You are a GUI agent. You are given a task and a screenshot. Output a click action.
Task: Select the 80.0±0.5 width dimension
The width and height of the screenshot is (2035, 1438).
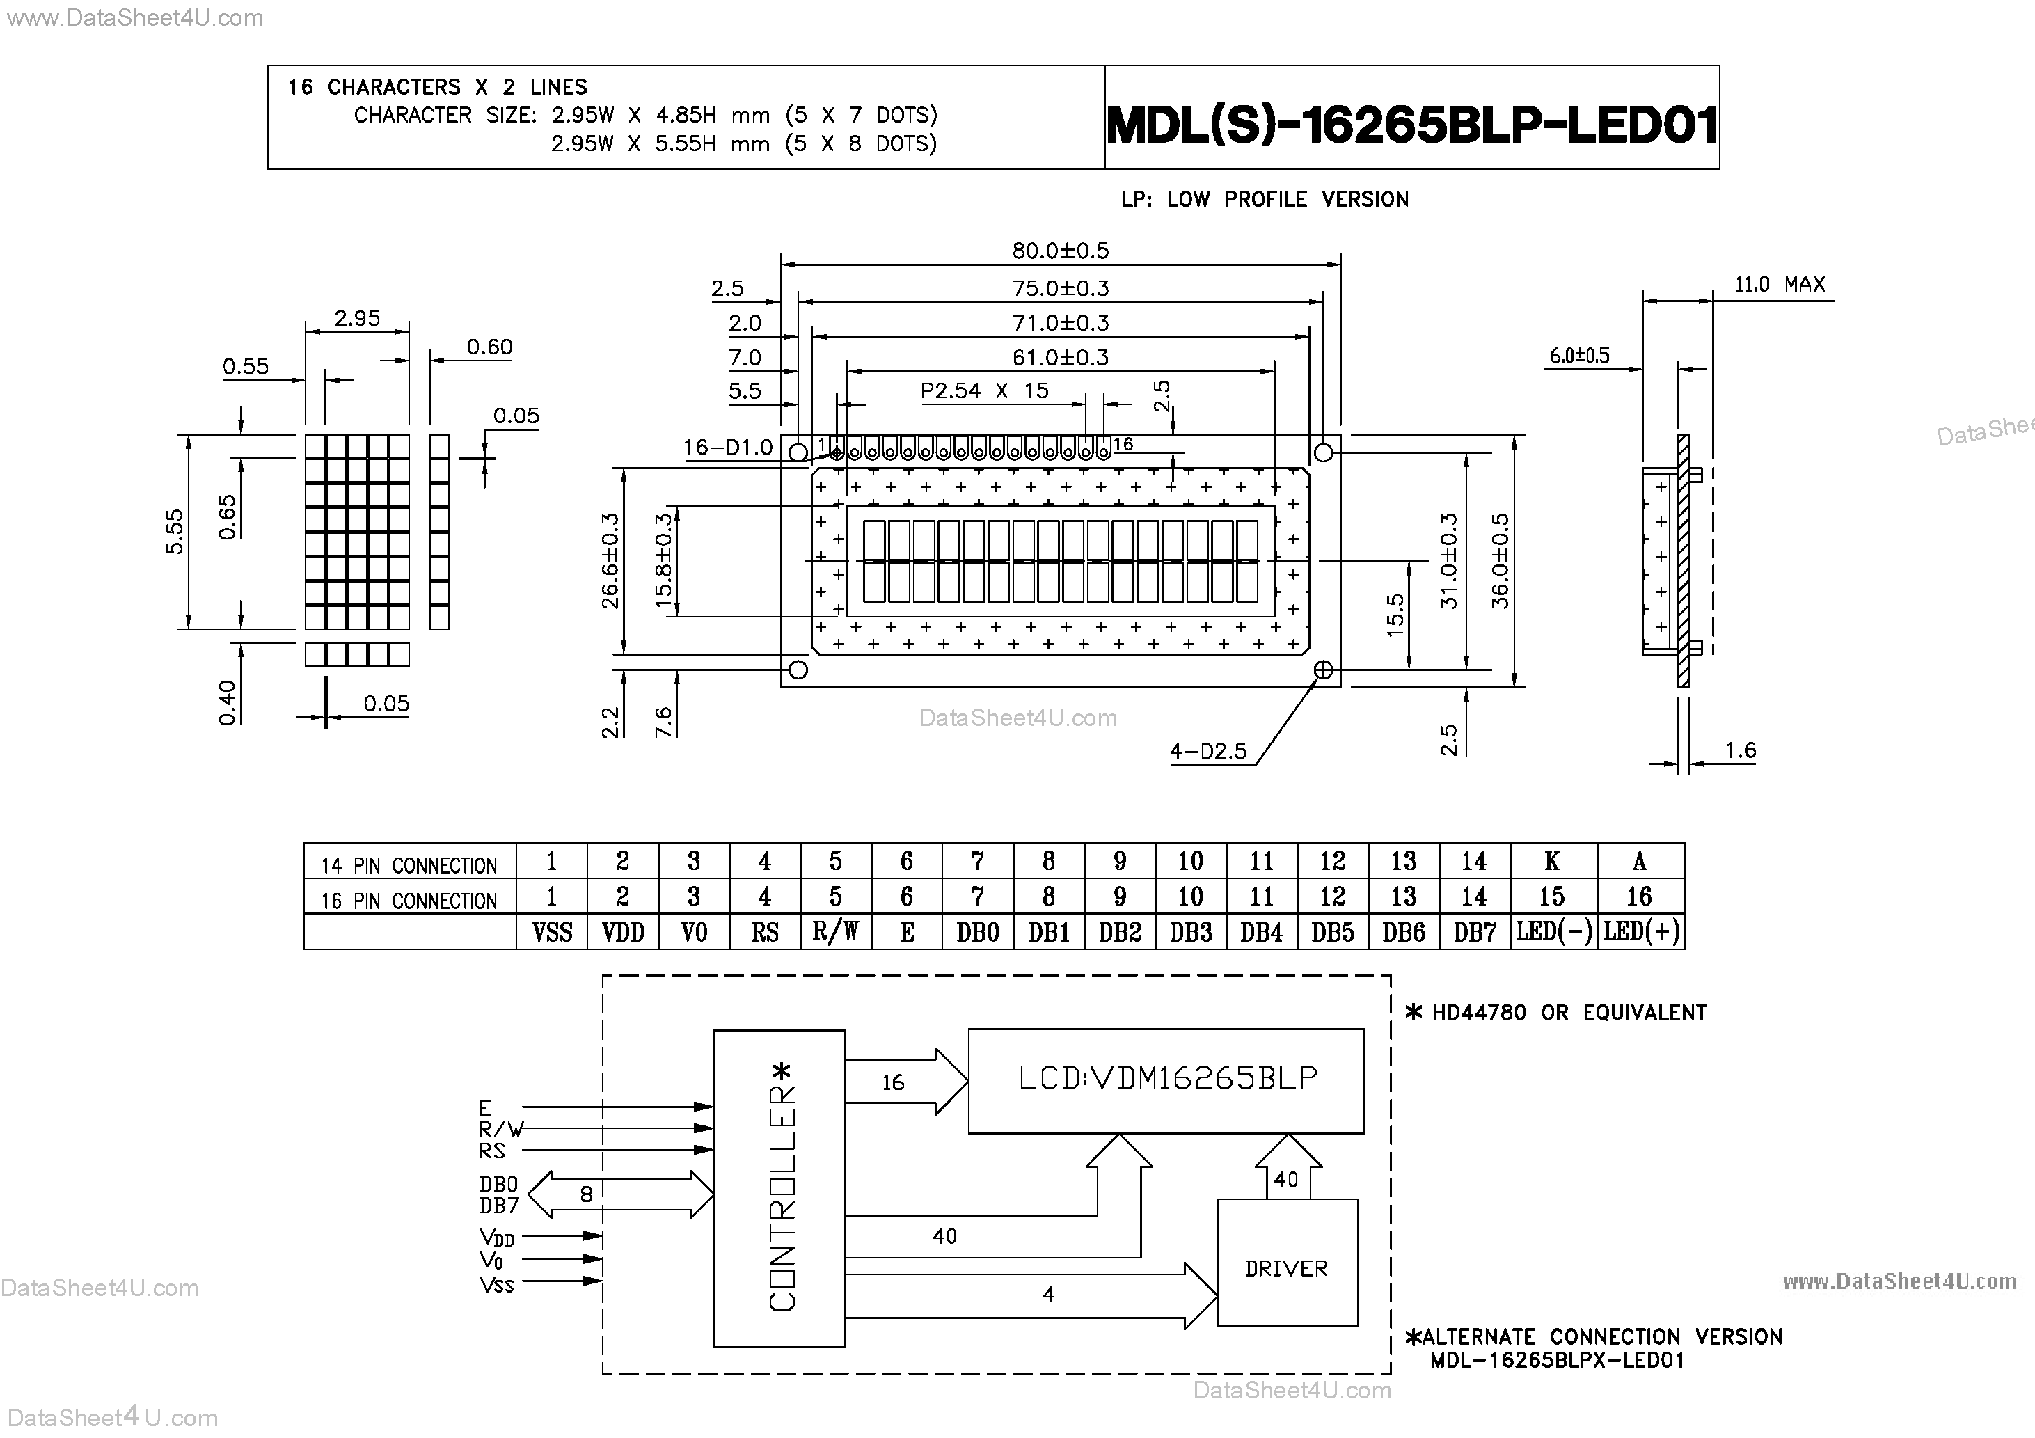pos(1060,251)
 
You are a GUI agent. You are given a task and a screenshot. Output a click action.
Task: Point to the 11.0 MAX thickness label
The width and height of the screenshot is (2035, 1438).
pos(1779,285)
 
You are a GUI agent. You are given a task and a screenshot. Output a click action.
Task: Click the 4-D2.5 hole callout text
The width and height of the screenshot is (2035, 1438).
pos(1207,752)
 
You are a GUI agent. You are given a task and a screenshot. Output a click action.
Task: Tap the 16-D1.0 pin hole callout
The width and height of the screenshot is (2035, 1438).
pos(728,448)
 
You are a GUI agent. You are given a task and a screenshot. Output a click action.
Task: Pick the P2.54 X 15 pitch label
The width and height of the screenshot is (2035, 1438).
pos(984,391)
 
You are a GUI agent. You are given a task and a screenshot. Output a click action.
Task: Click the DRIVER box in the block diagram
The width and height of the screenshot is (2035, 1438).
pos(1286,1269)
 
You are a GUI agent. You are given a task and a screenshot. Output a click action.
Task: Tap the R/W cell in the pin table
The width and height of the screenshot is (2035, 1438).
pos(835,932)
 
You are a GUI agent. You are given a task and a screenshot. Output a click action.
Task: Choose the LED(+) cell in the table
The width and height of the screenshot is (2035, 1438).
pos(1640,932)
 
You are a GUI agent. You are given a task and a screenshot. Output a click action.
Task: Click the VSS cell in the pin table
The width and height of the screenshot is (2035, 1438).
pos(551,932)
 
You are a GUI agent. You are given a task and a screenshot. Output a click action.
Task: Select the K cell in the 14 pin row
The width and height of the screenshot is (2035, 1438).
pos(1552,861)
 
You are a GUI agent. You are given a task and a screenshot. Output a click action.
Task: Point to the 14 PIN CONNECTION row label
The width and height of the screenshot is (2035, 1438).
pos(409,865)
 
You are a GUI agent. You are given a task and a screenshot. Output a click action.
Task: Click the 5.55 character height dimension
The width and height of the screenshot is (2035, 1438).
pos(175,531)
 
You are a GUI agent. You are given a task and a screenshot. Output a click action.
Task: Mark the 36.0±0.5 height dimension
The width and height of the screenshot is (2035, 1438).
pos(1500,560)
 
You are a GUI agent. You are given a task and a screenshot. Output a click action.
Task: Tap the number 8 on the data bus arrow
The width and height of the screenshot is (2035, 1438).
pos(586,1194)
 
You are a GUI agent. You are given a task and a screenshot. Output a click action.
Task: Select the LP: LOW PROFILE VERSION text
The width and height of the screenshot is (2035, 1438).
pos(1264,200)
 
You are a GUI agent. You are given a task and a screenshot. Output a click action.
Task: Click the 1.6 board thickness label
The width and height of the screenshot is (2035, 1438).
pos(1740,751)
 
